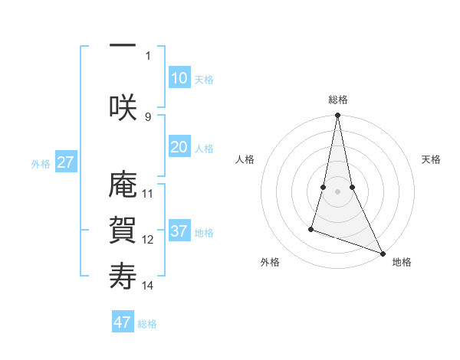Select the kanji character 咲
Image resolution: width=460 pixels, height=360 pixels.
pyautogui.click(x=123, y=106)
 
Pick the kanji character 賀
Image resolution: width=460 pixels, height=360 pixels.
pyautogui.click(x=123, y=228)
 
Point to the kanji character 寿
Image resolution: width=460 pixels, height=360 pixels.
pyautogui.click(x=123, y=275)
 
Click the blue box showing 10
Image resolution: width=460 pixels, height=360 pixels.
pyautogui.click(x=179, y=78)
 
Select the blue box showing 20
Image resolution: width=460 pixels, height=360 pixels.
pyautogui.click(x=179, y=148)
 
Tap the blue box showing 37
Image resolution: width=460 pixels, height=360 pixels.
pyautogui.click(x=179, y=231)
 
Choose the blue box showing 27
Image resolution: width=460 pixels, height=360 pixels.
pyautogui.click(x=65, y=162)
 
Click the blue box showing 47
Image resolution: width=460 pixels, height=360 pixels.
pyautogui.click(x=122, y=322)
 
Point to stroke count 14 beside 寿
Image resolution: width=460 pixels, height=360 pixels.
pyautogui.click(x=148, y=286)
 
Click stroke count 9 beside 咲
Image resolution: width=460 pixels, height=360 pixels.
pyautogui.click(x=148, y=116)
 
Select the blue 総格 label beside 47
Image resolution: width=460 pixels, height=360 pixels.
pyautogui.click(x=147, y=324)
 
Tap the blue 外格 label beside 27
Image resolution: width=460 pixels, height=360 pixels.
pyautogui.click(x=40, y=164)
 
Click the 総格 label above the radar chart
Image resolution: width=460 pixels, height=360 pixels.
pyautogui.click(x=337, y=100)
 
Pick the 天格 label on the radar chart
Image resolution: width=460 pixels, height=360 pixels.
pyautogui.click(x=432, y=159)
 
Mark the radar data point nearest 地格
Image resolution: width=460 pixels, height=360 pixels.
pyautogui.click(x=383, y=252)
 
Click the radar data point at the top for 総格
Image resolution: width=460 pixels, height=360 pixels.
pyautogui.click(x=337, y=116)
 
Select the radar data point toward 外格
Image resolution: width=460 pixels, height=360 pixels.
pyautogui.click(x=311, y=228)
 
